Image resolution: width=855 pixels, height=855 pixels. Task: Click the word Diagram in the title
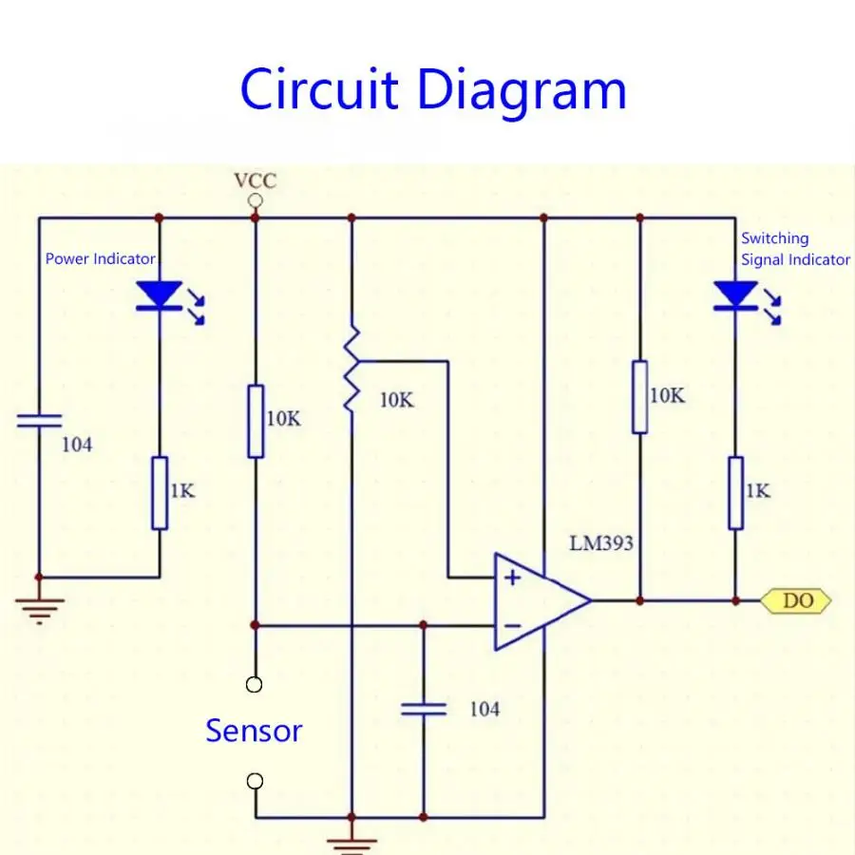522,91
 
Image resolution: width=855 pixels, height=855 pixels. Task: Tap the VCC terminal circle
256,200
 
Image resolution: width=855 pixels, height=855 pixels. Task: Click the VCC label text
256,180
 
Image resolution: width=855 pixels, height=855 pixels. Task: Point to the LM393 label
601,543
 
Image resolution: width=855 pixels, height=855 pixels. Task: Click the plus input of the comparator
512,578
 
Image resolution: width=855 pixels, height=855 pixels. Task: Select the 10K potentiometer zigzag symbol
351,370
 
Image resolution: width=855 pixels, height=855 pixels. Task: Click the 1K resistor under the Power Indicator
160,493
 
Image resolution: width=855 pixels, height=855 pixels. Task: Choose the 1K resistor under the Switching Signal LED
736,493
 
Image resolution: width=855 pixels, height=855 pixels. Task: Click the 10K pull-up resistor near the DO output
640,397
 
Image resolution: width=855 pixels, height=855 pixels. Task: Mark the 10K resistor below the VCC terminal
256,422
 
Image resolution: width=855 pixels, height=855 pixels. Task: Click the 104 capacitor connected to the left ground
39,421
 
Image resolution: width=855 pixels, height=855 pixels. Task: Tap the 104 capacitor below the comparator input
424,709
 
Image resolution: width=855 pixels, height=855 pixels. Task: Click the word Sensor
254,731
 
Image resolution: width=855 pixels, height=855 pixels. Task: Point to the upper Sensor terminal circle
254,684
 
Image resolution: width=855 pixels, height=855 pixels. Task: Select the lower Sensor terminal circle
255,781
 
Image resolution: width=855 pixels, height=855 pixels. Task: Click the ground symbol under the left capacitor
39,611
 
